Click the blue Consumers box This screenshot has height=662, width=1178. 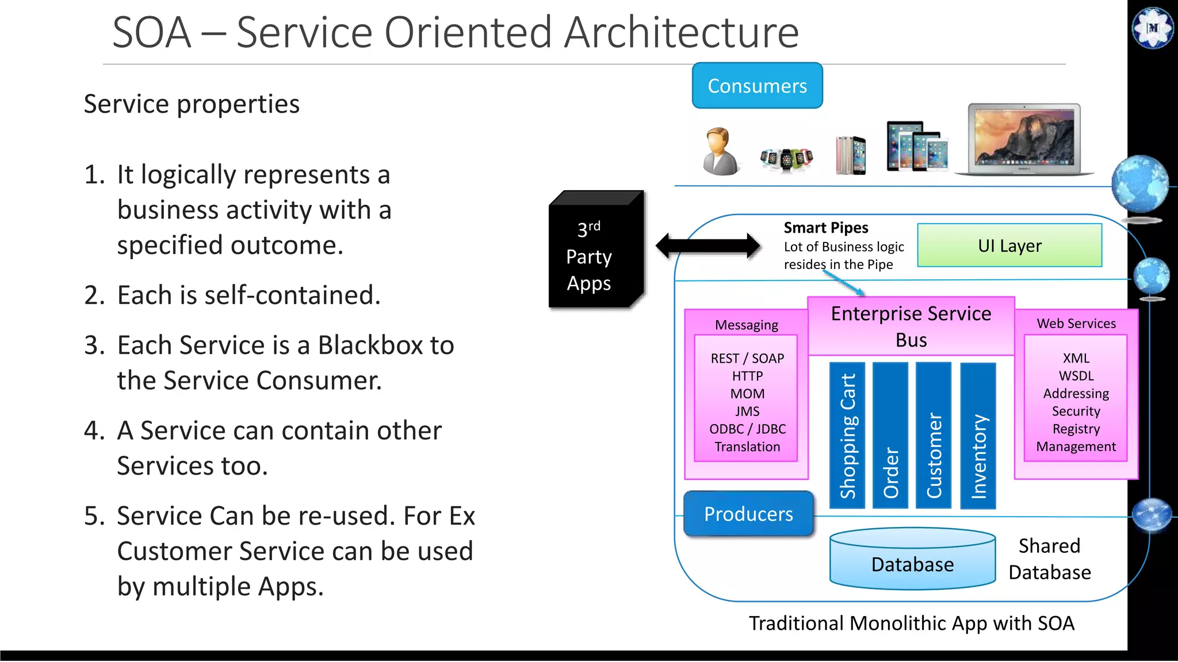tap(757, 86)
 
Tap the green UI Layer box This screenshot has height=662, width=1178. tap(1009, 245)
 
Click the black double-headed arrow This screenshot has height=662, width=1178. tap(708, 245)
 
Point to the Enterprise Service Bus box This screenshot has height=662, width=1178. tap(911, 326)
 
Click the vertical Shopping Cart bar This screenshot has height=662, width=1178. tap(847, 435)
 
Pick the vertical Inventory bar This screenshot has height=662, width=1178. tap(978, 435)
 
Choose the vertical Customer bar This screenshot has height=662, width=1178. tap(934, 435)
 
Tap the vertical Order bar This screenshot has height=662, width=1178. tap(890, 435)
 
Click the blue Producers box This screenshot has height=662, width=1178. tap(748, 514)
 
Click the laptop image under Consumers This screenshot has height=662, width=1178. tap(1024, 140)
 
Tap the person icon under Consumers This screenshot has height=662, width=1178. tap(720, 152)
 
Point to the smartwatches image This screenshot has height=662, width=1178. tap(786, 158)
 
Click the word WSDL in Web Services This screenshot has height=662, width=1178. tap(1076, 376)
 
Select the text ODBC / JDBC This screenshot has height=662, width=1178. tap(747, 429)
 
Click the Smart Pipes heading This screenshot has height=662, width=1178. tap(826, 228)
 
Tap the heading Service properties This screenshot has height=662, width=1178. tap(192, 104)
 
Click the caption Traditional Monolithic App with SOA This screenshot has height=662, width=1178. tap(911, 623)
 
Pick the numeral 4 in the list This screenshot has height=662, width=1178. tap(92, 430)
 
